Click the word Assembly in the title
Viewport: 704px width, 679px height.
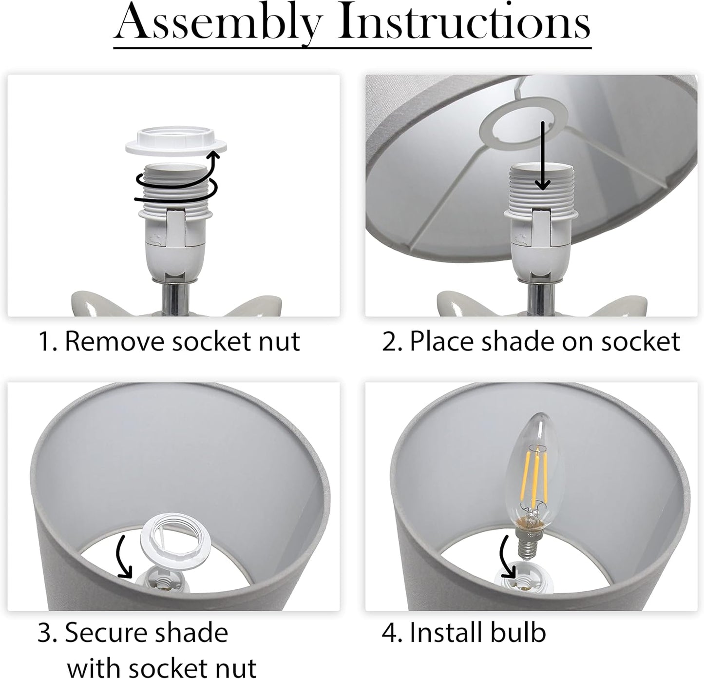pos(217,24)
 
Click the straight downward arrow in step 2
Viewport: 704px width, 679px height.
pos(542,155)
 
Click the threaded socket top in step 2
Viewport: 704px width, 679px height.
pos(541,188)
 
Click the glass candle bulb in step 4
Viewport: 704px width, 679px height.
pos(534,482)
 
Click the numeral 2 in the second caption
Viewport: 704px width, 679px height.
pos(389,342)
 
